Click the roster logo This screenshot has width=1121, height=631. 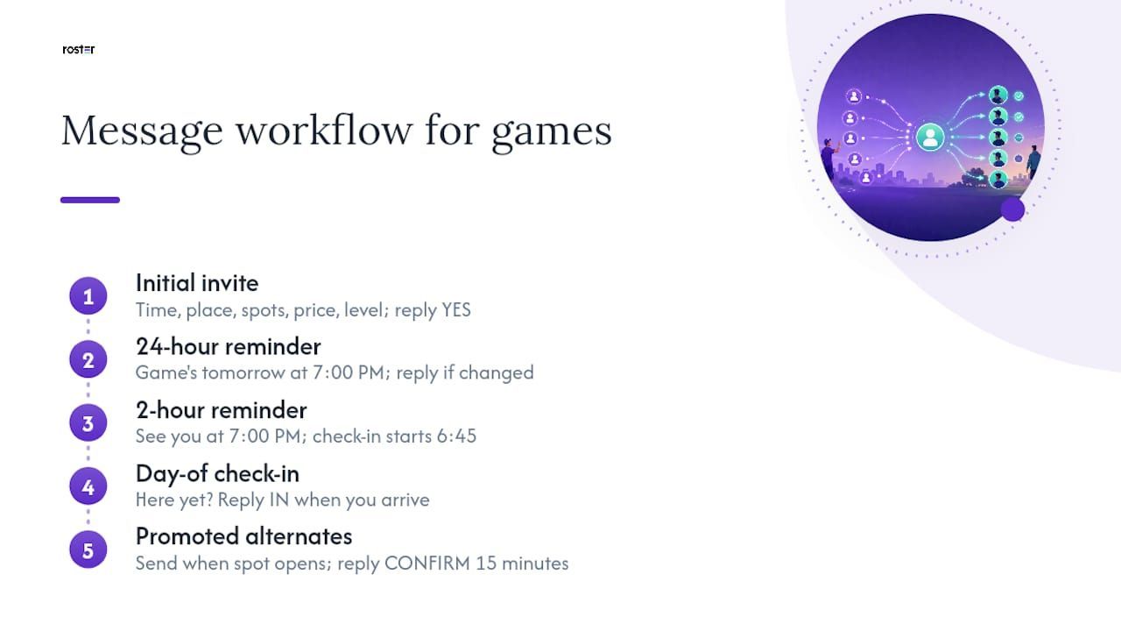79,50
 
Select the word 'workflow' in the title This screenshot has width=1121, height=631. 324,131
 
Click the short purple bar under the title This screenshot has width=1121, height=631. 90,200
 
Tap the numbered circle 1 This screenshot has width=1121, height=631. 88,296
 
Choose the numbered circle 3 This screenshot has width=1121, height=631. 88,423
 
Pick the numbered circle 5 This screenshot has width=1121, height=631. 88,549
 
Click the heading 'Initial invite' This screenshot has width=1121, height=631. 197,283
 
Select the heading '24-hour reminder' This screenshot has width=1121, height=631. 229,346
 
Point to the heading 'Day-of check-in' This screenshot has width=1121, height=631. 218,474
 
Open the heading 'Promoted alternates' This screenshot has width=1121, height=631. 244,536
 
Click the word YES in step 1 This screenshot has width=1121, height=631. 456,310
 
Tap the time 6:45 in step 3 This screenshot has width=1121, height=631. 456,436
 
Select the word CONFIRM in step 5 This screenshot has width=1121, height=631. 427,564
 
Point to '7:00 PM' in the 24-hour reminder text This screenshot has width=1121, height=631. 349,372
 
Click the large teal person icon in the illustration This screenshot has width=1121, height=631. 930,137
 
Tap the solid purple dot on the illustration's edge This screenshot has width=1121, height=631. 1013,209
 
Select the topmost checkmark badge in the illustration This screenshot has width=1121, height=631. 1019,96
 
